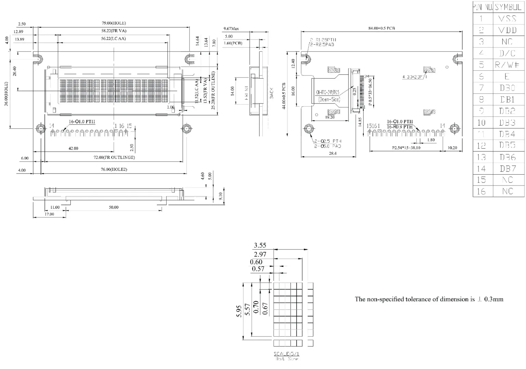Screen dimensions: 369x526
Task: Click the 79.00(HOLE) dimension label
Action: tap(114, 23)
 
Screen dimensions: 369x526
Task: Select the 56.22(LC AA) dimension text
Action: tap(113, 39)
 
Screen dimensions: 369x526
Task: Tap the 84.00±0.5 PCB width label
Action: tap(381, 28)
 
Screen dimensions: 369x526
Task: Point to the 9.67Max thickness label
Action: tap(231, 29)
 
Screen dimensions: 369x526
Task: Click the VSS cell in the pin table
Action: tap(508, 18)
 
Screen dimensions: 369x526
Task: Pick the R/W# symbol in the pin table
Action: tap(508, 65)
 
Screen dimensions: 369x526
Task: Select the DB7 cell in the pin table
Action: tap(508, 168)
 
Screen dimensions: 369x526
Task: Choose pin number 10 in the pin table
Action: tap(481, 122)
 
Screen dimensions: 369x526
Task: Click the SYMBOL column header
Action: tap(508, 7)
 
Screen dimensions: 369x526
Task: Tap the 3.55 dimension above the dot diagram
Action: tap(260, 245)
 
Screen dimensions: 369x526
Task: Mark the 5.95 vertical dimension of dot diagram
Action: tap(239, 311)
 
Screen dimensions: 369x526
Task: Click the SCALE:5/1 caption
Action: tap(287, 354)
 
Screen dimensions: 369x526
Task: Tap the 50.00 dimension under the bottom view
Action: tap(114, 207)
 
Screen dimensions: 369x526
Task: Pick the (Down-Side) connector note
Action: tap(329, 99)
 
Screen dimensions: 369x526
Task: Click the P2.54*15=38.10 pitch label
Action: tap(406, 148)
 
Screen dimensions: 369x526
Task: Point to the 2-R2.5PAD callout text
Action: tap(322, 44)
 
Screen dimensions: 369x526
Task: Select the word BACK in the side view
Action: tap(272, 93)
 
